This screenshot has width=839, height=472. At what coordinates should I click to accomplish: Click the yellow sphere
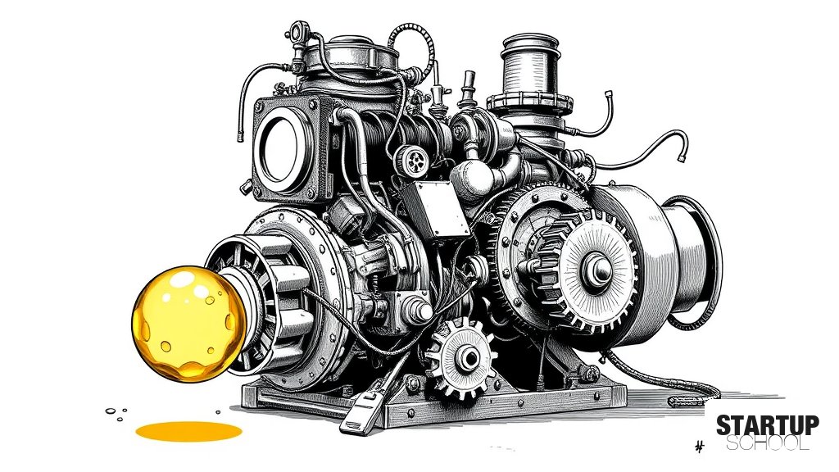click(x=188, y=323)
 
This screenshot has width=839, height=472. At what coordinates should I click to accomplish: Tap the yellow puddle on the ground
click(x=188, y=431)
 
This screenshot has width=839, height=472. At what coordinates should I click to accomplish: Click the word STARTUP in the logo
click(x=767, y=425)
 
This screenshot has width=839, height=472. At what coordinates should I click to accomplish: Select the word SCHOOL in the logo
click(x=767, y=443)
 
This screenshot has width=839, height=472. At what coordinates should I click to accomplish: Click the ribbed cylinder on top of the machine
click(x=530, y=67)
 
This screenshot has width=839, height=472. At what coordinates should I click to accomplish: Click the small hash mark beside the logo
click(x=699, y=446)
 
